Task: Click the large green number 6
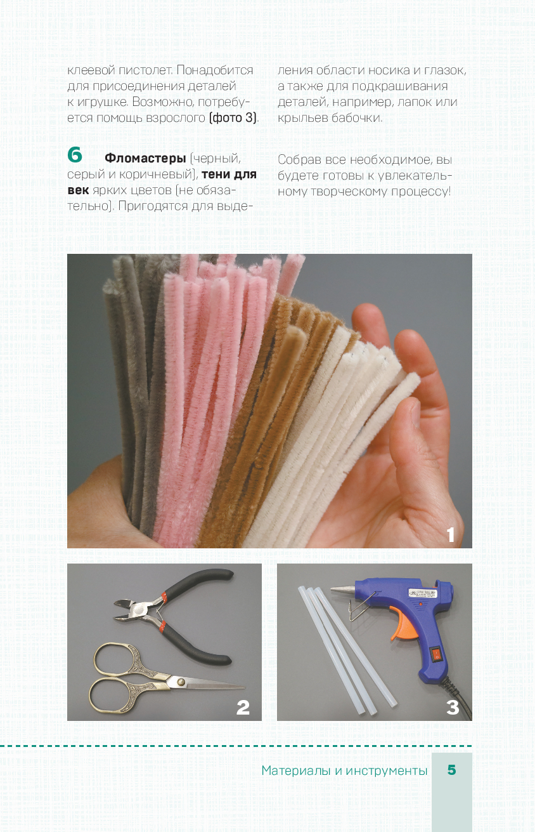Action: (x=75, y=155)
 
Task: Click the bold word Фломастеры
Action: (x=145, y=158)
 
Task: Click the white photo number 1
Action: (x=451, y=535)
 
